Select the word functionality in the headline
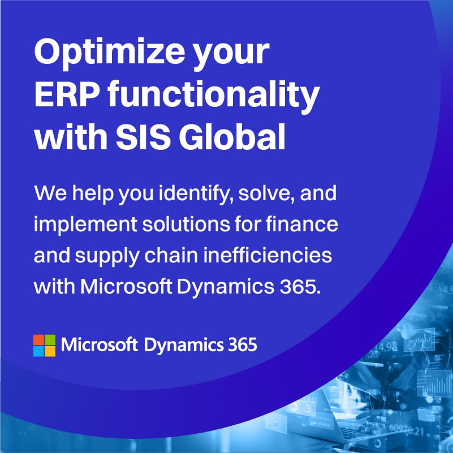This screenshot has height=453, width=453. (214, 97)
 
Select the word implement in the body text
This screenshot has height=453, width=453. (85, 225)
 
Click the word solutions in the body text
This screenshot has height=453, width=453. (186, 224)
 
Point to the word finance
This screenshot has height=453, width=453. (302, 224)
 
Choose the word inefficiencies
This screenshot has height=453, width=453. (268, 255)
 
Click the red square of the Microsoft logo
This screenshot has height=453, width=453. (38, 340)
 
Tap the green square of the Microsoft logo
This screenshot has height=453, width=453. (50, 340)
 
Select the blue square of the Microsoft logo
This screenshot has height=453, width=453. (38, 351)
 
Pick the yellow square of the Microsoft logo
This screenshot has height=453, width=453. (50, 351)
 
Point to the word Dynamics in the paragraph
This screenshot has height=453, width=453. (225, 288)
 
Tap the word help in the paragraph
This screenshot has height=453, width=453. (93, 194)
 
